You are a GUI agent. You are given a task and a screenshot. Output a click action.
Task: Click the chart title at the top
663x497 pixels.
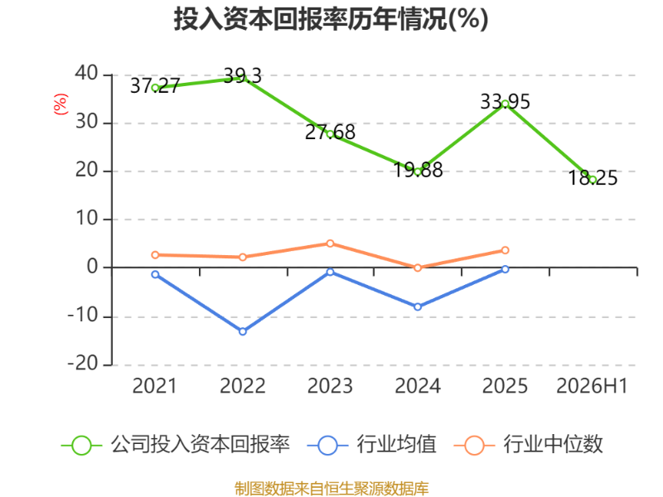[331, 19]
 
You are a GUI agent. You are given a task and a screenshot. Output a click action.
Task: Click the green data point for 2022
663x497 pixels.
[243, 78]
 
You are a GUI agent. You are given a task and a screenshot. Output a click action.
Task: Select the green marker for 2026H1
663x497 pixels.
[593, 180]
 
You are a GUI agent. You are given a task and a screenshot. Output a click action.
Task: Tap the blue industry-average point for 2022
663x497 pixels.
[243, 332]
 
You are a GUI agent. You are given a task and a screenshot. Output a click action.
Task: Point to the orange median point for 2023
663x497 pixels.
[330, 244]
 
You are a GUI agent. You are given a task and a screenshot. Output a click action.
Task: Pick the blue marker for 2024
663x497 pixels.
[418, 306]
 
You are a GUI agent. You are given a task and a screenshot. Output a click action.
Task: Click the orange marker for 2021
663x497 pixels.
[155, 255]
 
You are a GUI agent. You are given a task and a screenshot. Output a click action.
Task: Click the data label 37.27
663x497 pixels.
[155, 86]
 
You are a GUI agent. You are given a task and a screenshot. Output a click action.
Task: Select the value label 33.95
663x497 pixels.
[505, 102]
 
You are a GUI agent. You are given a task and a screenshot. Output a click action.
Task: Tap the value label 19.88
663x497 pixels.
[418, 170]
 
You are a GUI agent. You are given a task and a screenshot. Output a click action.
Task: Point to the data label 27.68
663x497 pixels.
[330, 133]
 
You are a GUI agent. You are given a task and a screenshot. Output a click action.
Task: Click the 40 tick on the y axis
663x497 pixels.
[87, 74]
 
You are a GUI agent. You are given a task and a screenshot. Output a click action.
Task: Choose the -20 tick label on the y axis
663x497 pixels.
[83, 364]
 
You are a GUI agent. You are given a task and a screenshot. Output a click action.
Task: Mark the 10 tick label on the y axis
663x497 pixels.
[87, 219]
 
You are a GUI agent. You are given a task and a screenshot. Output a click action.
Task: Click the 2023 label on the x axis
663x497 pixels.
[330, 386]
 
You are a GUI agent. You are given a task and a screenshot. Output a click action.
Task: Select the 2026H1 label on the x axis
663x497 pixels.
[592, 386]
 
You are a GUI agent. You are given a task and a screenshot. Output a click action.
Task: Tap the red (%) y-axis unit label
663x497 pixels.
[60, 104]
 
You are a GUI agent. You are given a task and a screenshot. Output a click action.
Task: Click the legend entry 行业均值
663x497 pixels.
[372, 445]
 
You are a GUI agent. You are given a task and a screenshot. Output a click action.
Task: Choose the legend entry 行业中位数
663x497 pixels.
[529, 445]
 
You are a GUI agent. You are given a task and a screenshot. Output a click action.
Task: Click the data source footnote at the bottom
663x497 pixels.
[331, 489]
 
